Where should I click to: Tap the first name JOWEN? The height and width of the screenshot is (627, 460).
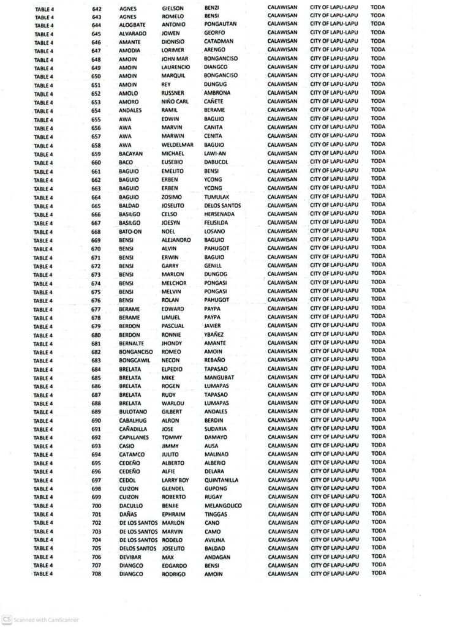tap(170, 33)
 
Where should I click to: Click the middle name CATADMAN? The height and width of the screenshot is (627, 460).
tap(221, 42)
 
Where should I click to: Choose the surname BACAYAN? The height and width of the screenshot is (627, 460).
tap(132, 153)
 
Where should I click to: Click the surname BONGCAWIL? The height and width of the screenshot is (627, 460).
tap(136, 361)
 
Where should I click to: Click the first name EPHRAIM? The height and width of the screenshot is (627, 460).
tap(174, 515)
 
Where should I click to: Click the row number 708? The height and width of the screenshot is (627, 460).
tap(97, 574)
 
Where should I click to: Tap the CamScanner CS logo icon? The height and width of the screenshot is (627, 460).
tap(7, 620)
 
